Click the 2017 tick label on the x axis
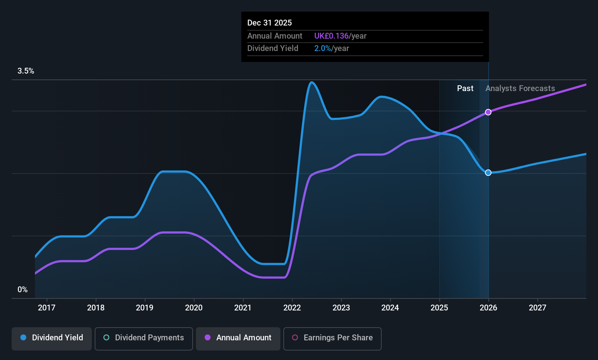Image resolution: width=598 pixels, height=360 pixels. (47, 308)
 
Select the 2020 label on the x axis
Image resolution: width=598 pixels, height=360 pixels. (194, 308)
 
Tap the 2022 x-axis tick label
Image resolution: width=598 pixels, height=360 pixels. (292, 308)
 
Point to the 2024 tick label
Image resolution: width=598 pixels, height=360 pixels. (390, 308)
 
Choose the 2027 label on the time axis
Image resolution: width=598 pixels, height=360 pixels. (538, 308)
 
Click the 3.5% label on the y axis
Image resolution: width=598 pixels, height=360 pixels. (26, 71)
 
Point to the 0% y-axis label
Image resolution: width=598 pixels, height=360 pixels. (23, 290)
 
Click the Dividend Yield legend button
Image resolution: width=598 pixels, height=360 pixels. (52, 338)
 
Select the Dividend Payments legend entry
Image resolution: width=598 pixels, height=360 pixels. (144, 338)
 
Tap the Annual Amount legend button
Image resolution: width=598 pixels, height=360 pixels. (238, 338)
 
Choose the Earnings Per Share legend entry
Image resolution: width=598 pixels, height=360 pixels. (333, 338)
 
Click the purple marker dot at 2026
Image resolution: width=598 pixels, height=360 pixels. (488, 112)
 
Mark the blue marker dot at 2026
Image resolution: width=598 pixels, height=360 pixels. (488, 173)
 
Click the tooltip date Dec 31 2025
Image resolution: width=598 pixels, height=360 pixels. (270, 23)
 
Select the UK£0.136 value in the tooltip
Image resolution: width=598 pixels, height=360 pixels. (331, 36)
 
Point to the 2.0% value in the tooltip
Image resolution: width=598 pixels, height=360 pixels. (322, 48)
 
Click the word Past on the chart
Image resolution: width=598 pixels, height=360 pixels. (465, 89)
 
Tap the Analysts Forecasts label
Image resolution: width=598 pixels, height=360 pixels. (520, 89)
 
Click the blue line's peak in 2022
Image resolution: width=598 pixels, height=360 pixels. (311, 83)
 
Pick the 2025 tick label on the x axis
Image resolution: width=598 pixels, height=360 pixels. (439, 308)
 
